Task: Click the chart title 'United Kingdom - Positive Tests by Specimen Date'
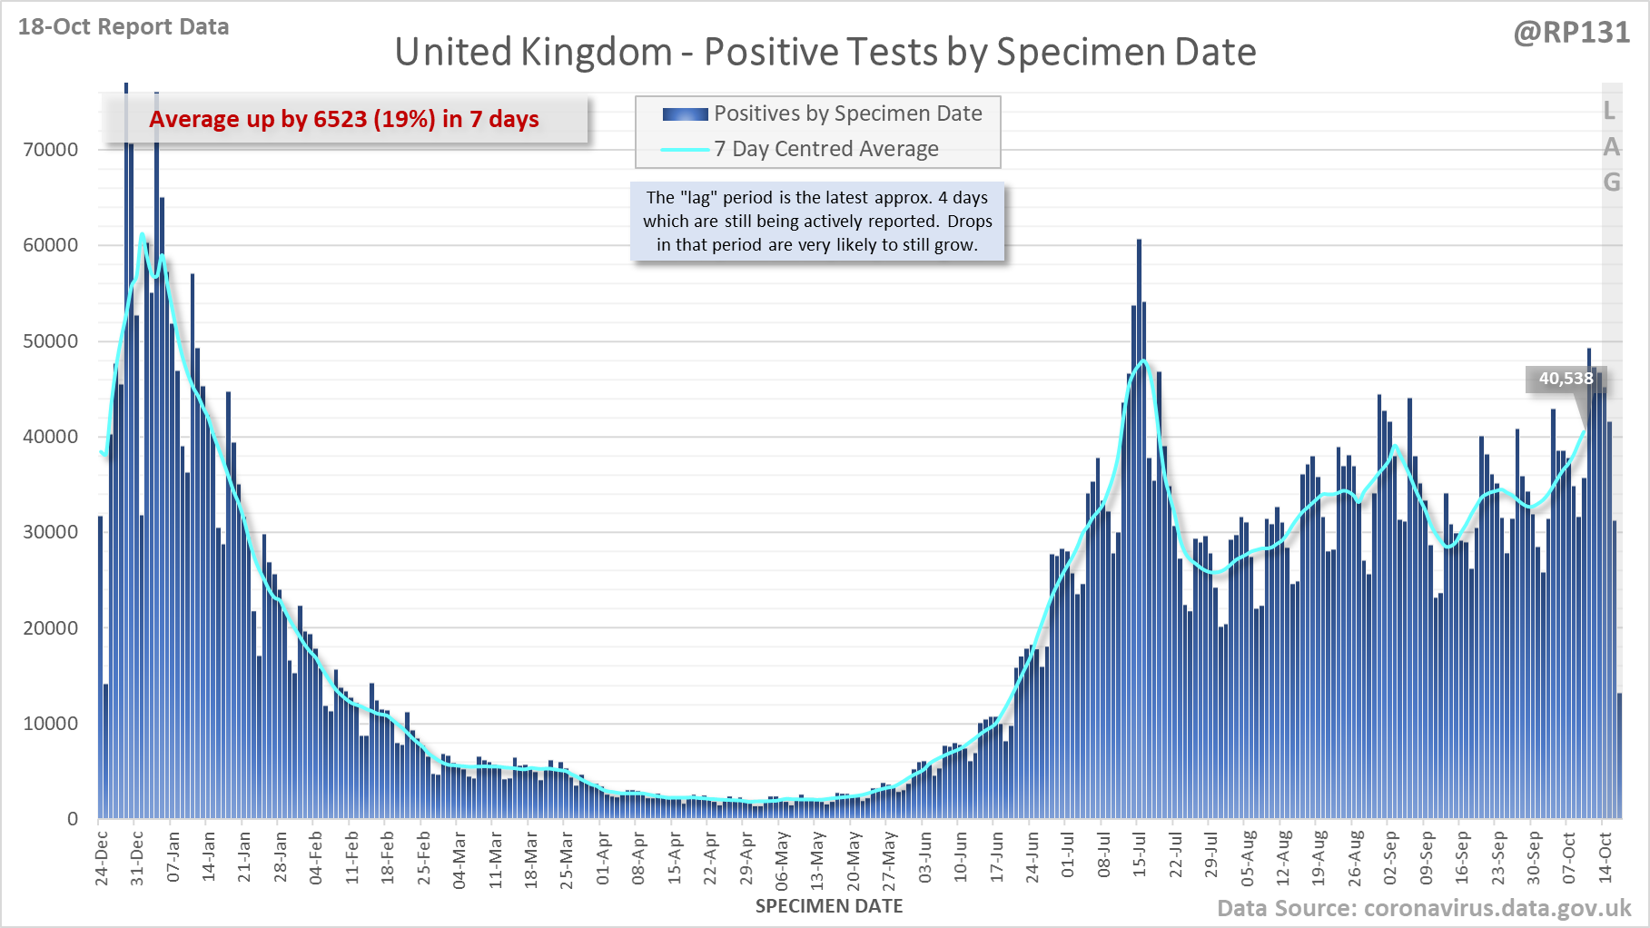click(825, 52)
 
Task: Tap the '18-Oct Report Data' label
click(124, 27)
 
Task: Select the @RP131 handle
click(1571, 33)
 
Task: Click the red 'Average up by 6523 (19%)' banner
click(344, 119)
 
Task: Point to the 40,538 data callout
click(1566, 379)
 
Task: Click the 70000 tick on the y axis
click(51, 150)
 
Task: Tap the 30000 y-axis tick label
click(51, 532)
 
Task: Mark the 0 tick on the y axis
click(73, 819)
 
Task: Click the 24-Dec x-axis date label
click(102, 857)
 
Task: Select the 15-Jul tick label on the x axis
click(1140, 854)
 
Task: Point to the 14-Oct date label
click(1606, 857)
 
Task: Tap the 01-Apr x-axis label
click(603, 857)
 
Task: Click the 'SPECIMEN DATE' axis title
click(828, 906)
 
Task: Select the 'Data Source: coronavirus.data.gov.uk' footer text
click(1424, 908)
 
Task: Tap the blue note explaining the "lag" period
click(817, 222)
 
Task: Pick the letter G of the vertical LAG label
click(1611, 183)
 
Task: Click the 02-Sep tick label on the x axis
click(1390, 857)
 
